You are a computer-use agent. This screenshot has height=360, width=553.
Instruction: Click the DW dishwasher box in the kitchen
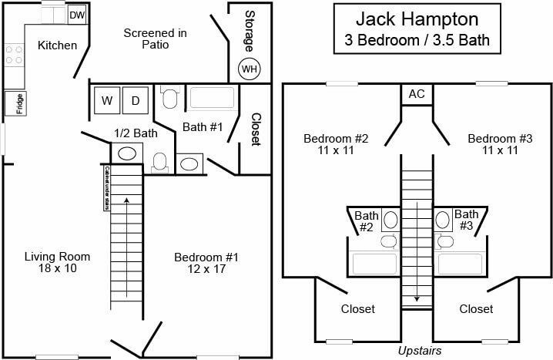point(77,15)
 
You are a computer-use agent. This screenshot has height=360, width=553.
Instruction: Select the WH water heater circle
point(250,69)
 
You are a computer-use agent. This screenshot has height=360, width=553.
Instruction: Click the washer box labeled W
point(106,100)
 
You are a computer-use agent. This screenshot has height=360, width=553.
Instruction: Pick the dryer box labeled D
point(136,100)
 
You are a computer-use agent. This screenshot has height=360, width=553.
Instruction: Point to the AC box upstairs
point(417,94)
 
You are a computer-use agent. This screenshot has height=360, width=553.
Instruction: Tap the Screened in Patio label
point(156,39)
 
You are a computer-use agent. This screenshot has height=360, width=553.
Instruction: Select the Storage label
point(250,29)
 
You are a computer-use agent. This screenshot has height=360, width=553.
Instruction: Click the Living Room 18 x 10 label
point(57,262)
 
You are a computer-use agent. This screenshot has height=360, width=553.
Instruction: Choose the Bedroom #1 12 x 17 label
point(206,262)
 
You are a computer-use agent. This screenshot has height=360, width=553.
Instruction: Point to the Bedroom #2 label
point(336,144)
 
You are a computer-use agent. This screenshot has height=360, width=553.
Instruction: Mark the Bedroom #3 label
point(501,144)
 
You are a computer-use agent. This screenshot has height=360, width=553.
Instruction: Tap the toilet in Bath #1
point(169,99)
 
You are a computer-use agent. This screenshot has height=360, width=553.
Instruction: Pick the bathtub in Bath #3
point(460,264)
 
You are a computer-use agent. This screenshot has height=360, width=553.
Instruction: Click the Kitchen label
point(58,45)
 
